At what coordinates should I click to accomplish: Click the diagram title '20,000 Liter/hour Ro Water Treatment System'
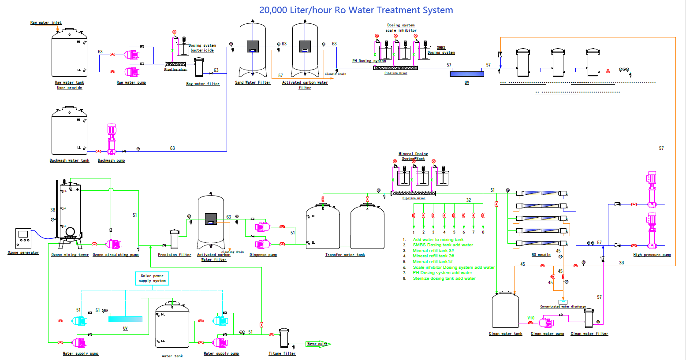(x=356, y=10)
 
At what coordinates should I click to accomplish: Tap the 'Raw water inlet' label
(x=46, y=22)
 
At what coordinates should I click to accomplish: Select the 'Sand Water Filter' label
(x=253, y=82)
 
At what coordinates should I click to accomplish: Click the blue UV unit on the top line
(x=466, y=74)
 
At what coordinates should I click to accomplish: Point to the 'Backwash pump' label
(x=111, y=160)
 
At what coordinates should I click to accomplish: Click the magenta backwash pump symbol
(x=111, y=139)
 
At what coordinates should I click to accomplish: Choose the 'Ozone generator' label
(x=23, y=252)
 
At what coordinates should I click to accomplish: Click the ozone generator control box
(x=23, y=238)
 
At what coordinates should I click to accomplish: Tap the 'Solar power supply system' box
(x=152, y=278)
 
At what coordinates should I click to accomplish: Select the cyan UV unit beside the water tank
(x=125, y=319)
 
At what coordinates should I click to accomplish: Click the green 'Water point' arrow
(x=318, y=344)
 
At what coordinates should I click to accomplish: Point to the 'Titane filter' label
(x=282, y=353)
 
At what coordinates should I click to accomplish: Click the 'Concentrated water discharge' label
(x=563, y=307)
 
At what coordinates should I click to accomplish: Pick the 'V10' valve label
(x=531, y=318)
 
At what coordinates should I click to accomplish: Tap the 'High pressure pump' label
(x=652, y=255)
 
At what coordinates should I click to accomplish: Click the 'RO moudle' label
(x=541, y=255)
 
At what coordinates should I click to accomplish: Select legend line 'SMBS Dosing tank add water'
(x=443, y=245)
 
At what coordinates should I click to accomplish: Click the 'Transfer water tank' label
(x=345, y=255)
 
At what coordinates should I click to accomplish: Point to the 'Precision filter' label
(x=175, y=255)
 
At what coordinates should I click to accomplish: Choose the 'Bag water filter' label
(x=203, y=84)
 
